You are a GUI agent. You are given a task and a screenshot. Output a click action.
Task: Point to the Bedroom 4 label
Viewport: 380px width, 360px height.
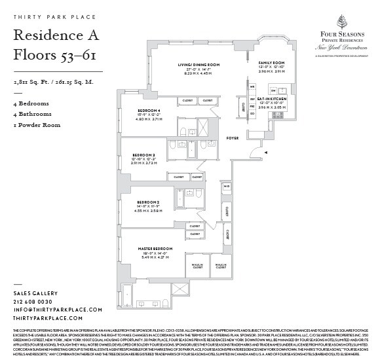point(149,110)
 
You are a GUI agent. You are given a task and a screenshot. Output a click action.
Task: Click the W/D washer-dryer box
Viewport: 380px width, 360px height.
point(227,186)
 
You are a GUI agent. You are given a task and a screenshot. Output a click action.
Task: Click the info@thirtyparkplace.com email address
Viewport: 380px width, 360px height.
point(58,309)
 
